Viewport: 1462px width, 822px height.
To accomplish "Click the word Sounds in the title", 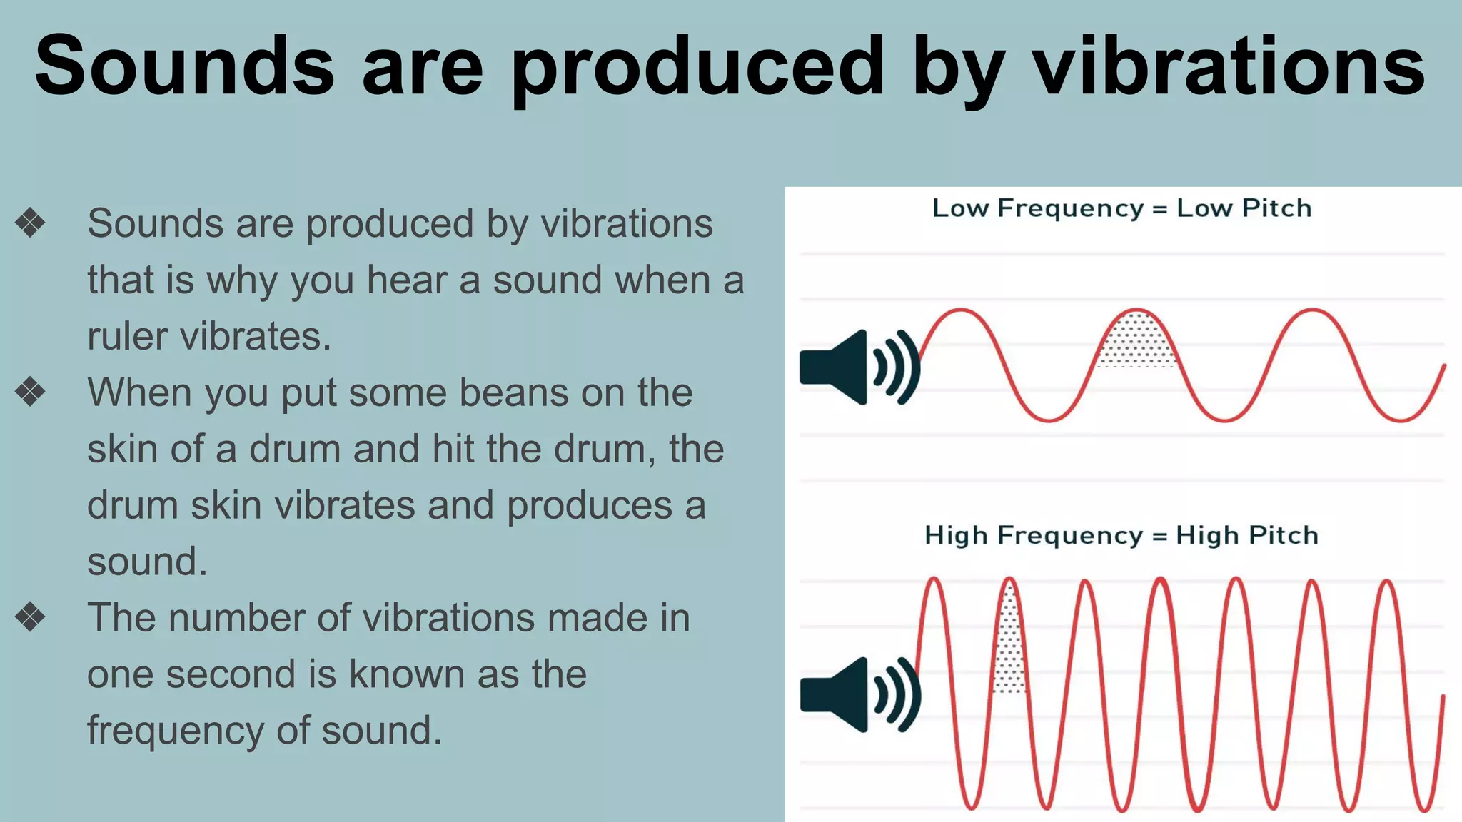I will pyautogui.click(x=184, y=66).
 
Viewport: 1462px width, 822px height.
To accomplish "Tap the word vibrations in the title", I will pyautogui.click(x=1229, y=66).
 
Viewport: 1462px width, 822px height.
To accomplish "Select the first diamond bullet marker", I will pyautogui.click(x=30, y=223).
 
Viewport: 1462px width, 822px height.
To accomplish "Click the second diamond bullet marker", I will pyautogui.click(x=30, y=392).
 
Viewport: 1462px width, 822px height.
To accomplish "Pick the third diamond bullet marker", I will pyautogui.click(x=30, y=617).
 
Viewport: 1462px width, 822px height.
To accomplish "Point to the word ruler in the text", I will pyautogui.click(x=126, y=336).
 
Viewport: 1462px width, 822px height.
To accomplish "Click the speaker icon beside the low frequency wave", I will pyautogui.click(x=857, y=367).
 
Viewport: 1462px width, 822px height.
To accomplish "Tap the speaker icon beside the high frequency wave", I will pyautogui.click(x=857, y=694).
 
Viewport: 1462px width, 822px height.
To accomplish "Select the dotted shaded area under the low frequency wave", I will pyautogui.click(x=1136, y=340).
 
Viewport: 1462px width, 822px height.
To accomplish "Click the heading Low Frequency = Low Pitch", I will pyautogui.click(x=1121, y=208).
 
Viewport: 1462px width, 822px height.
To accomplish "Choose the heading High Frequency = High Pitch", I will pyautogui.click(x=1121, y=535).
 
